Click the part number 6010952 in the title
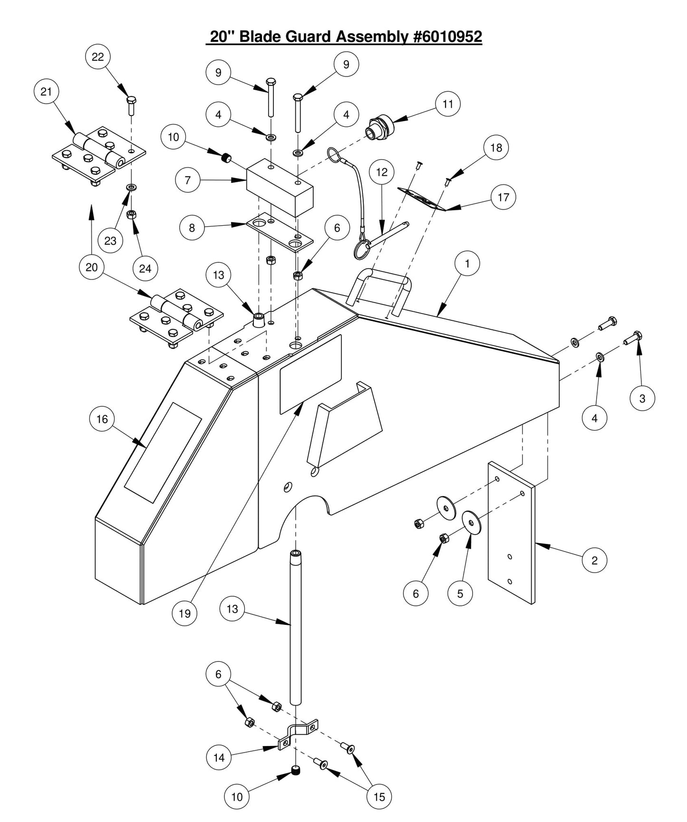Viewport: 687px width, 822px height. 447,37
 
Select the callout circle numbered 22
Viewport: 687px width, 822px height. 97,57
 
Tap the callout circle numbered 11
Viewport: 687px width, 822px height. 448,104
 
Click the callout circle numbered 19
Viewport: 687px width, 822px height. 184,613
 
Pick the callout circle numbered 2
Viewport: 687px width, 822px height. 594,560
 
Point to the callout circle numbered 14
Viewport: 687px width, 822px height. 219,757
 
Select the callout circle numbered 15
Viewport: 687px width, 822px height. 379,797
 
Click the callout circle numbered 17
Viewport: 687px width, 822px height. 503,197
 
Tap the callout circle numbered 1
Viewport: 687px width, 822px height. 467,263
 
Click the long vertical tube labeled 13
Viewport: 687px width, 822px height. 296,627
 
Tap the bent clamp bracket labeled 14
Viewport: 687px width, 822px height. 297,735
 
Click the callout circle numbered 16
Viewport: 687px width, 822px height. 102,419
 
